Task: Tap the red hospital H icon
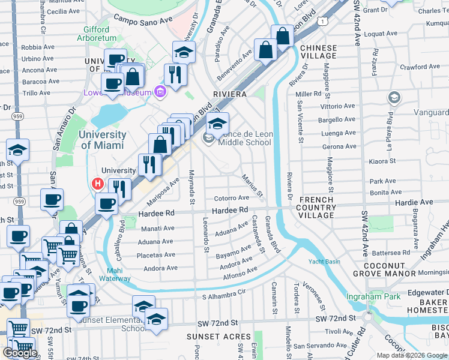(96, 184)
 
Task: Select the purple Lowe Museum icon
(160, 92)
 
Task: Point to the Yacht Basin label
(324, 262)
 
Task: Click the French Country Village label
(316, 207)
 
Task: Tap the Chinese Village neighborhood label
(318, 52)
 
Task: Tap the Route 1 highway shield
(324, 22)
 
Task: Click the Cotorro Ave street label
(231, 198)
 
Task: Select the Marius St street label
(252, 185)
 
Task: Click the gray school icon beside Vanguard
(394, 97)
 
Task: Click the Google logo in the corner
(20, 353)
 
